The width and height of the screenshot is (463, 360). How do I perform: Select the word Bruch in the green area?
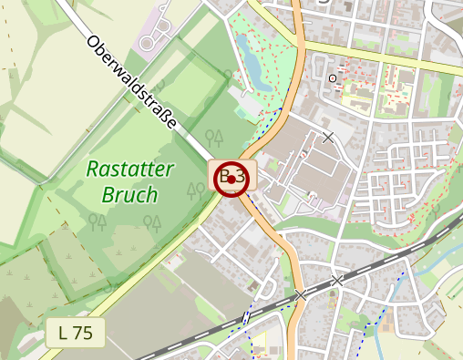point(129,194)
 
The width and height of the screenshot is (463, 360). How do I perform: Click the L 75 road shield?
point(77,334)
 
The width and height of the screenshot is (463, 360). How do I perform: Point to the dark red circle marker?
point(232,179)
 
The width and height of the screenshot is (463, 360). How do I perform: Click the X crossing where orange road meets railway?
point(301,294)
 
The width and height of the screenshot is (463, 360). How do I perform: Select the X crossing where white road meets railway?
point(338,281)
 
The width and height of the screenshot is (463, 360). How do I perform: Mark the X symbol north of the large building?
point(328,138)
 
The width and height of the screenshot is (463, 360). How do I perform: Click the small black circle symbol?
point(333,78)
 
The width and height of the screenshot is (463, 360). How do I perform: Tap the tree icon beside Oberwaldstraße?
point(214,138)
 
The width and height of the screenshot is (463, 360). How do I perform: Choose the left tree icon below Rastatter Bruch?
point(95,221)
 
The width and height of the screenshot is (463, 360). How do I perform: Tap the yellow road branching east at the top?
point(383,55)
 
